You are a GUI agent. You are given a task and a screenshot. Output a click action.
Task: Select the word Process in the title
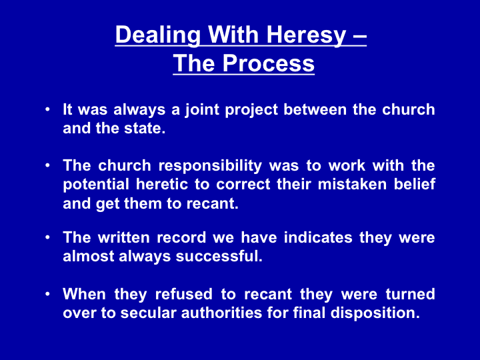(x=269, y=63)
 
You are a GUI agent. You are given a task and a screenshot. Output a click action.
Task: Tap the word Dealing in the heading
(x=158, y=35)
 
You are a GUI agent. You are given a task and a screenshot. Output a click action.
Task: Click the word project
(x=251, y=110)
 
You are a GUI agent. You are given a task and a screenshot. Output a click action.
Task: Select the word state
(x=145, y=129)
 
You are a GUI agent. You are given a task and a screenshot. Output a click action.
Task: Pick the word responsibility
(x=210, y=167)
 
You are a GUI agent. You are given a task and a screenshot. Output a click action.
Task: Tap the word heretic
(x=162, y=185)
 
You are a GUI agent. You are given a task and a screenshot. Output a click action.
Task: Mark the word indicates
(x=319, y=237)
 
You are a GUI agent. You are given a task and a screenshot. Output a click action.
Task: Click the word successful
(x=219, y=256)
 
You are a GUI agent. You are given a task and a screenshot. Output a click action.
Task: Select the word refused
(x=184, y=295)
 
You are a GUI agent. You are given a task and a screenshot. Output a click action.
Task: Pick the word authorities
(x=221, y=313)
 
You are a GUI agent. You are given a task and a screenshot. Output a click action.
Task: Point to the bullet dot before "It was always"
(x=47, y=109)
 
